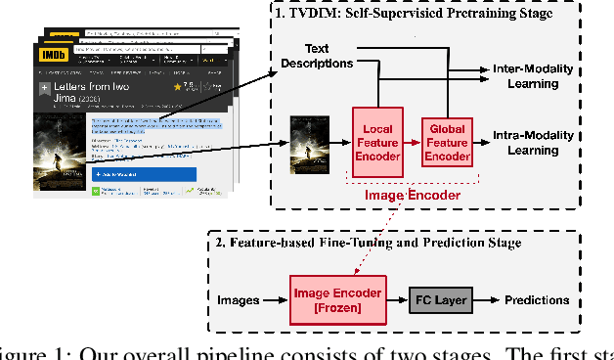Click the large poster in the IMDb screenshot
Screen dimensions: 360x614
point(59,152)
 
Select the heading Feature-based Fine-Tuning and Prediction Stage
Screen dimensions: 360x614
point(395,242)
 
